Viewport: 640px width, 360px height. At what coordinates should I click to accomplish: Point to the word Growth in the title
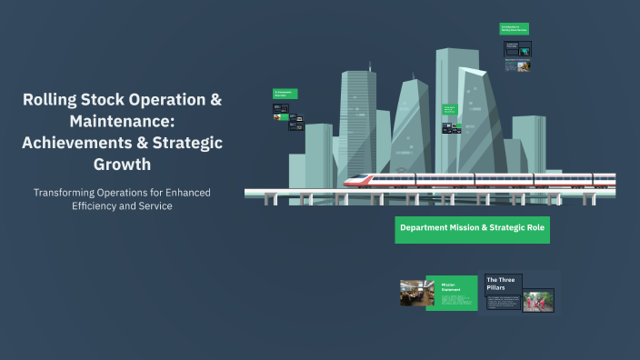coord(122,165)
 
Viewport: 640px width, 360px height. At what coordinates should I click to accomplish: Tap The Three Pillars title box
coord(503,283)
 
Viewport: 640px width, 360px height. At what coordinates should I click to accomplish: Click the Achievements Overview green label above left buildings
coord(285,94)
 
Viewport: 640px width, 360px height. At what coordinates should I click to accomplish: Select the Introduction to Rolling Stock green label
coord(514,29)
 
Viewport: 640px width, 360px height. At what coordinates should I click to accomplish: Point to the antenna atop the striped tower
coord(370,65)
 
